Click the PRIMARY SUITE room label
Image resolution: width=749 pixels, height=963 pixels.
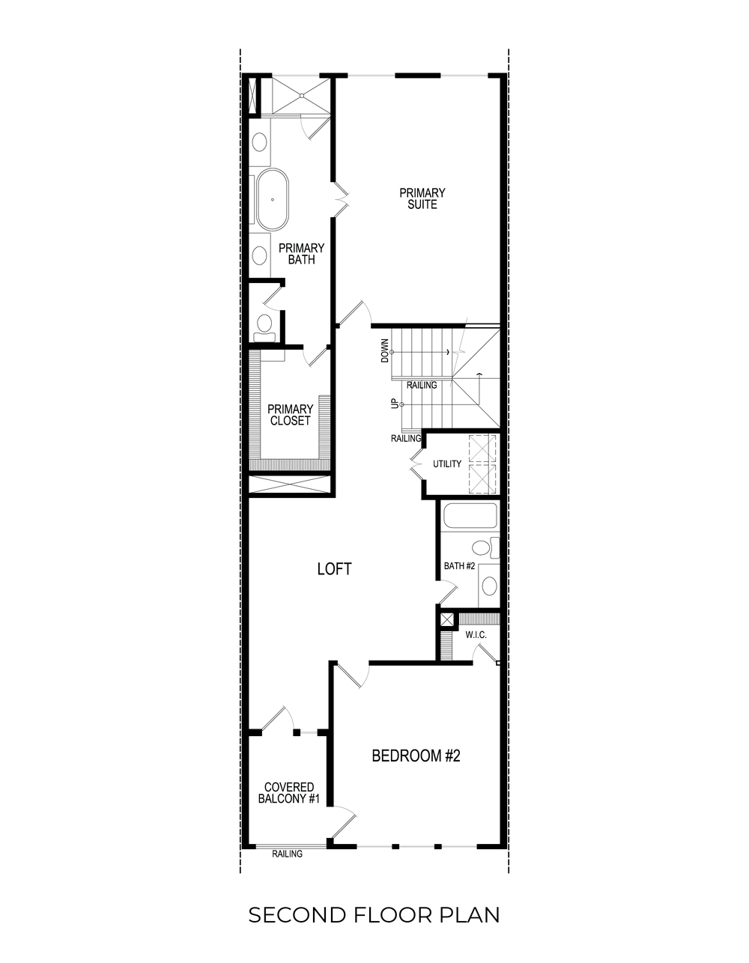pos(422,198)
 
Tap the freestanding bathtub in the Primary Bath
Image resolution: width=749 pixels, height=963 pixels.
pos(273,201)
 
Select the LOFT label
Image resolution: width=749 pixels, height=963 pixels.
pos(334,569)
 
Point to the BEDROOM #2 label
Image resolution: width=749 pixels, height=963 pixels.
pos(416,756)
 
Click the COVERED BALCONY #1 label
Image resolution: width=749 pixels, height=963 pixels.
pos(288,793)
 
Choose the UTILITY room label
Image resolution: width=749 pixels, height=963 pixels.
pos(447,464)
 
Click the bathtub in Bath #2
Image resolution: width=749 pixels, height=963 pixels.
pos(470,516)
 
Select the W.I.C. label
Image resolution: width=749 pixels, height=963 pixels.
pos(476,635)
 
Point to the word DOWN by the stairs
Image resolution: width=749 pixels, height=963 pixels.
pos(385,350)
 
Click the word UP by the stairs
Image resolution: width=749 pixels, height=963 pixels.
pos(394,404)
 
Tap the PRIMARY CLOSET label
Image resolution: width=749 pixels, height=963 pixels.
pos(290,415)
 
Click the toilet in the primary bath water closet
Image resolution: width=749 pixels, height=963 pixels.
pos(264,323)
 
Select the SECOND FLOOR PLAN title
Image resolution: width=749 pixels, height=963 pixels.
pos(374,915)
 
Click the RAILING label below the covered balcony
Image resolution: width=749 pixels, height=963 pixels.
pos(287,854)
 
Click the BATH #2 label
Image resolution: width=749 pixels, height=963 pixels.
pos(459,566)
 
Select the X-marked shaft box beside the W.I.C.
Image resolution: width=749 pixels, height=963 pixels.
pos(446,619)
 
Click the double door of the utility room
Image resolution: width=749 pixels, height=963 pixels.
pos(416,464)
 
